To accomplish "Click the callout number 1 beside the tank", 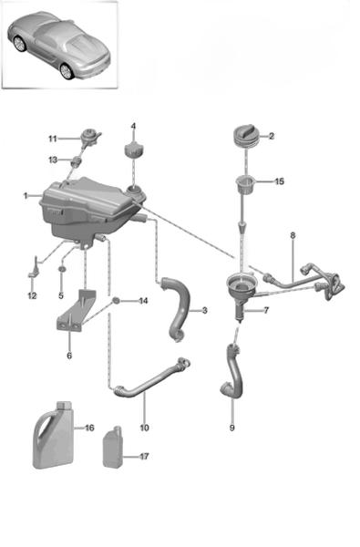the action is click(x=26, y=196).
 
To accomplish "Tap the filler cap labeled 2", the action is click(x=245, y=137).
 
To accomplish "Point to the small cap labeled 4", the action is click(x=134, y=150).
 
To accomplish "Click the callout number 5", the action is click(x=61, y=295).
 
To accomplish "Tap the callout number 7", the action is click(x=266, y=310).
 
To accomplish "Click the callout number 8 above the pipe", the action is click(x=293, y=235).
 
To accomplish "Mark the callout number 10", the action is click(x=144, y=428).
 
